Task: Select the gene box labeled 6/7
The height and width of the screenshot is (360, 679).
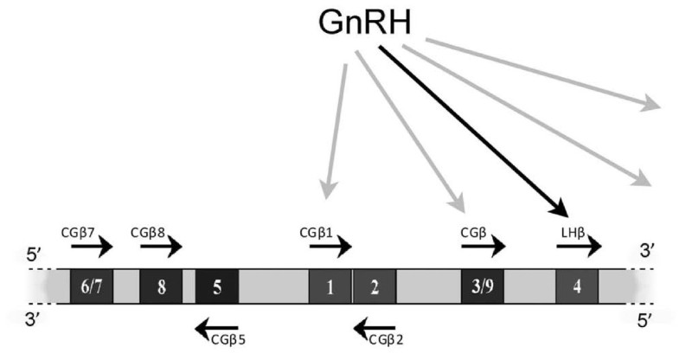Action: pos(91,287)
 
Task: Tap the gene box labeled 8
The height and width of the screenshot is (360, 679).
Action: pos(161,287)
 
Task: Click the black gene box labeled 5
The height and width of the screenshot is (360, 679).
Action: pos(217,287)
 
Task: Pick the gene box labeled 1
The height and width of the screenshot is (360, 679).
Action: pos(330,287)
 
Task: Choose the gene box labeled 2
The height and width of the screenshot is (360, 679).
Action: pos(375,287)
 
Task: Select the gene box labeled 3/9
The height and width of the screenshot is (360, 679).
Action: pos(483,287)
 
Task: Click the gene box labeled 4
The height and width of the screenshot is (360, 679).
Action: pos(577,287)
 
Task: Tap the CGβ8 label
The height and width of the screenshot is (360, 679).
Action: pos(153,233)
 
